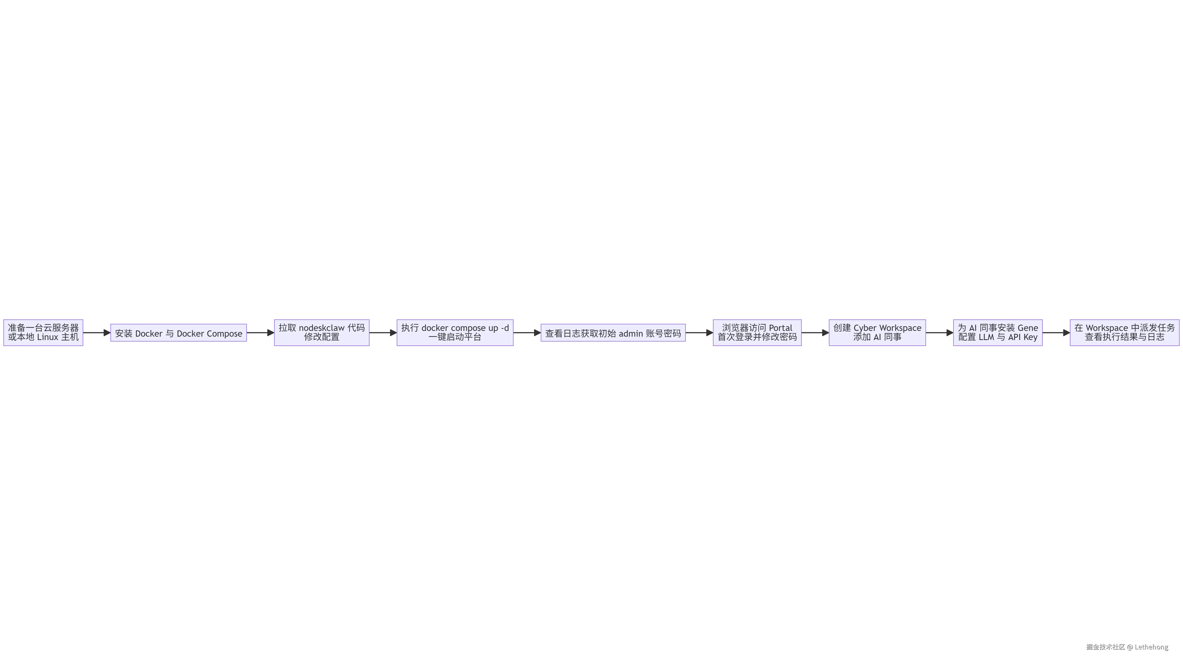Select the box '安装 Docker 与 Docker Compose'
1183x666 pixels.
tap(179, 333)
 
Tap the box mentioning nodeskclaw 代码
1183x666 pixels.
tap(321, 332)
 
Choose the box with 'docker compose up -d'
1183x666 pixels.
tap(455, 332)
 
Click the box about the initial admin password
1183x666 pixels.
tap(613, 333)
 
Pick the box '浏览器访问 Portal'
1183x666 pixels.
tap(757, 332)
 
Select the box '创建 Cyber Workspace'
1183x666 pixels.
tap(877, 332)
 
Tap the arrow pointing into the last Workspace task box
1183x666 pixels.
tap(1056, 332)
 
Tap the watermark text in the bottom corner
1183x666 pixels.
tap(1126, 647)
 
